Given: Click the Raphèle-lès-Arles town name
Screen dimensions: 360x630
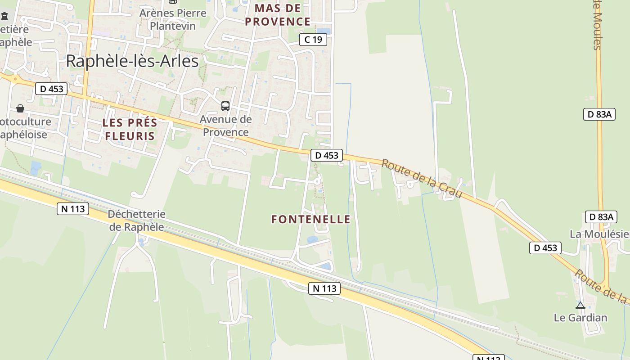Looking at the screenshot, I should (x=132, y=61).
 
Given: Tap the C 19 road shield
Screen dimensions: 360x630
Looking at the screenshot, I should (x=313, y=40).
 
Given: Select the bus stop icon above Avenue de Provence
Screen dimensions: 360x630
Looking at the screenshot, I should (x=225, y=106).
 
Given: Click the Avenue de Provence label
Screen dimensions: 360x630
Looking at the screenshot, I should (x=226, y=126).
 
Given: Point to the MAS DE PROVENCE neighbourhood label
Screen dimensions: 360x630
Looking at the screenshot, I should (x=278, y=15).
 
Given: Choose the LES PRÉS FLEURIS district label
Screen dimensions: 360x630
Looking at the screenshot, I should (x=130, y=129).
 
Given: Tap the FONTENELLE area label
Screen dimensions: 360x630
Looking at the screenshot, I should (x=310, y=219).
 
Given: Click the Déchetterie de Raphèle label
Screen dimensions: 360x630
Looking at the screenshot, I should (x=136, y=220).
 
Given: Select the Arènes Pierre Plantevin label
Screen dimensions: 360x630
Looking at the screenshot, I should (x=173, y=19).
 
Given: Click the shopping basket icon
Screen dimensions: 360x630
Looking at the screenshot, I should (x=20, y=108).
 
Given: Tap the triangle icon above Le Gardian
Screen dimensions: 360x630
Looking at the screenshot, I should (x=580, y=305).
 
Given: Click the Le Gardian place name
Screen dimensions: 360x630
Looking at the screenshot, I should (x=580, y=317).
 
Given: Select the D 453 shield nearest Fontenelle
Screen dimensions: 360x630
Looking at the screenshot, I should (x=327, y=156).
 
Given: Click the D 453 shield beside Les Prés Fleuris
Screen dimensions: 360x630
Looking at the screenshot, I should (x=51, y=89).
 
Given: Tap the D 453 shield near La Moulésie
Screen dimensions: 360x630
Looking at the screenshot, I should (x=545, y=248).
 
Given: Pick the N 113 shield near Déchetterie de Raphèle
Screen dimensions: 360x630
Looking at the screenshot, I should (x=73, y=209).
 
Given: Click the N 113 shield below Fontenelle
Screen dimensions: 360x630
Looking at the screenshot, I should (x=324, y=288).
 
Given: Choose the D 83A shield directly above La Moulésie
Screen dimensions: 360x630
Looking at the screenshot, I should (x=601, y=217).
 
